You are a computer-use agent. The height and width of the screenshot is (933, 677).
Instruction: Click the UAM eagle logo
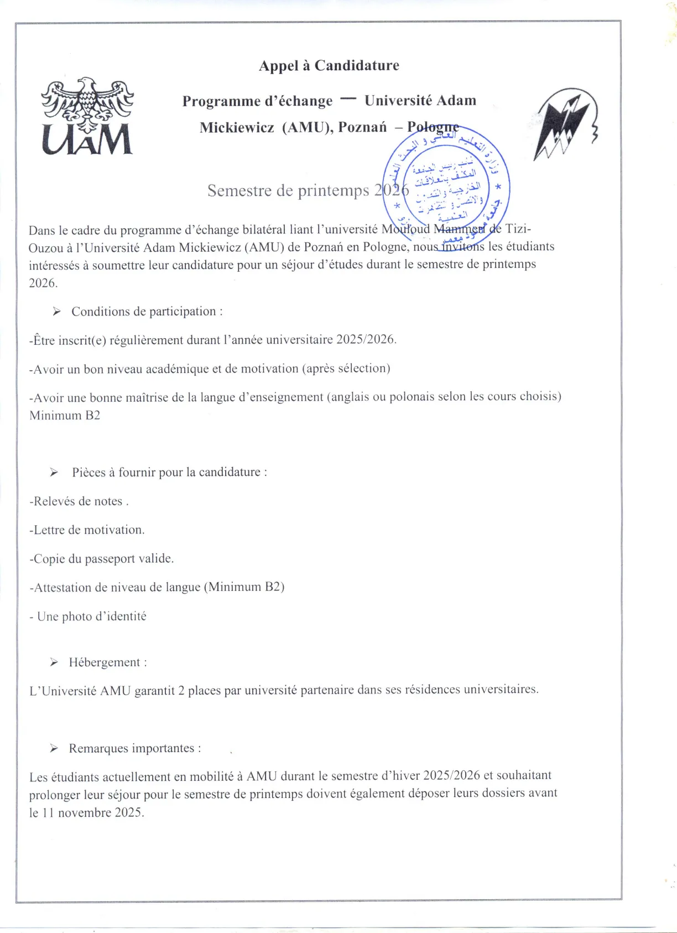[x=87, y=116]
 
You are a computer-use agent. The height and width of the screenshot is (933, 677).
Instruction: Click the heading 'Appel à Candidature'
[x=329, y=66]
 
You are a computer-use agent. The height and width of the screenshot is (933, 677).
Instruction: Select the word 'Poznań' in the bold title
[x=362, y=127]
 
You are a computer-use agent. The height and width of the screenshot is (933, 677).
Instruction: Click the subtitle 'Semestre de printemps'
[x=288, y=190]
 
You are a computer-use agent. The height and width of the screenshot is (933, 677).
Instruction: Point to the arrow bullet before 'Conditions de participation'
[x=56, y=312]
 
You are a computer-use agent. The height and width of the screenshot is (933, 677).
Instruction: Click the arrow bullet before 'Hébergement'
[x=54, y=662]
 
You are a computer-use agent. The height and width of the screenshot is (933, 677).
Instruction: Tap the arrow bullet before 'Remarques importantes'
[x=54, y=748]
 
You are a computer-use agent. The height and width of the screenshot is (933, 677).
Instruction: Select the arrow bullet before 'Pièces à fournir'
[x=54, y=472]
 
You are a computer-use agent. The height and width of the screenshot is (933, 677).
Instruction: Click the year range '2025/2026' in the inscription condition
[x=365, y=339]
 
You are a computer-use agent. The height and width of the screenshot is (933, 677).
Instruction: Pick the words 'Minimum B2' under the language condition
[x=65, y=416]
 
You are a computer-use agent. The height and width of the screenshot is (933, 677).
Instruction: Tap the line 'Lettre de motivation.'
[x=87, y=530]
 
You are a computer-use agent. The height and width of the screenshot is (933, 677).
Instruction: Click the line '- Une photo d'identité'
[x=88, y=616]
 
